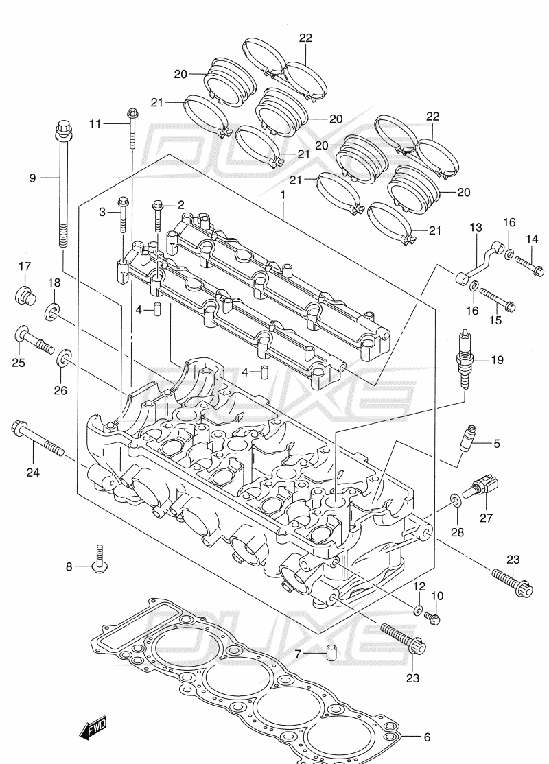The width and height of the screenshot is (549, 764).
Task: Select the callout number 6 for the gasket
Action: click(x=427, y=737)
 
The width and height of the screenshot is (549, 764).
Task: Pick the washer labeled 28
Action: click(x=455, y=500)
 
